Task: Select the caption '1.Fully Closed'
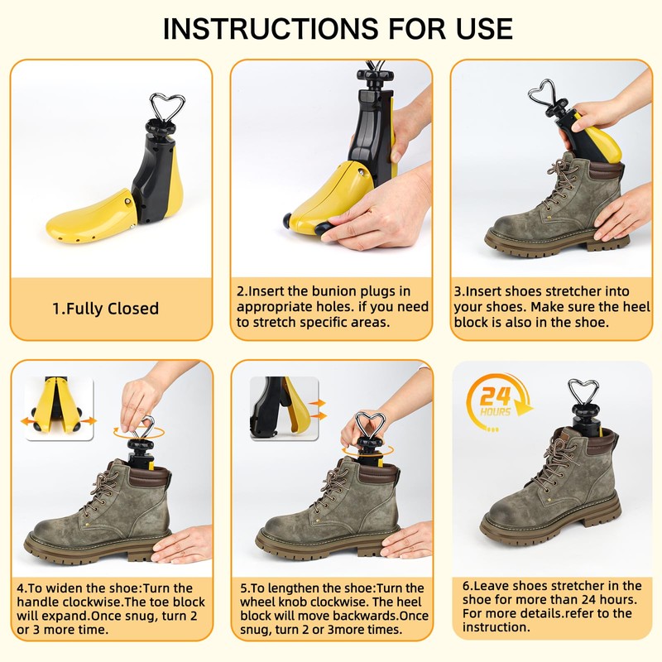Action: pos(105,309)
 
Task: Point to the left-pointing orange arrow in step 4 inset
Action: pos(31,421)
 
